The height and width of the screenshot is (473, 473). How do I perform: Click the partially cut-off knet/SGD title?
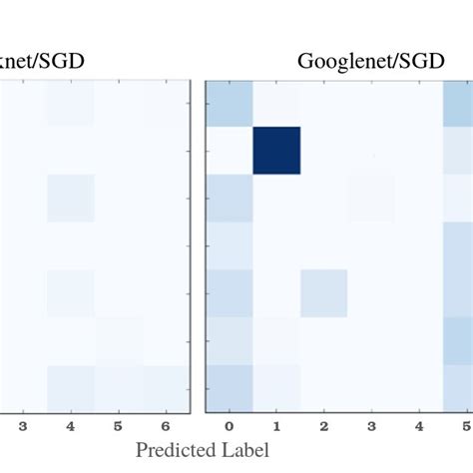pyautogui.click(x=42, y=61)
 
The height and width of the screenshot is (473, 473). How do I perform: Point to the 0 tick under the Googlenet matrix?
pyautogui.click(x=230, y=426)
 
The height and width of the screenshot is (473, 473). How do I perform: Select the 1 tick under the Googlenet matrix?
pyautogui.click(x=276, y=426)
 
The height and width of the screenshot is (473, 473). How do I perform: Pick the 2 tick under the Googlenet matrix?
pyautogui.click(x=324, y=426)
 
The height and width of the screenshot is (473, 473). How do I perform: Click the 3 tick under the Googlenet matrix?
pyautogui.click(x=372, y=426)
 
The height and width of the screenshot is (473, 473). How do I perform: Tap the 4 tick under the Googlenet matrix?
pyautogui.click(x=420, y=426)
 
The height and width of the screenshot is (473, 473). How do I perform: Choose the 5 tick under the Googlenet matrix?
pyautogui.click(x=465, y=426)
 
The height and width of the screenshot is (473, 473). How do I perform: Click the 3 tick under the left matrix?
pyautogui.click(x=22, y=426)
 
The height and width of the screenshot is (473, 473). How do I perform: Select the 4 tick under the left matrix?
pyautogui.click(x=70, y=426)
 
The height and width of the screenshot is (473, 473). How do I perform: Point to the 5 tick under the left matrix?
pyautogui.click(x=118, y=426)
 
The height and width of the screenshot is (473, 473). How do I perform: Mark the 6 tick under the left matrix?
pyautogui.click(x=166, y=426)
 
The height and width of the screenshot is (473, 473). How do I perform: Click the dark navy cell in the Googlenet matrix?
pyautogui.click(x=276, y=151)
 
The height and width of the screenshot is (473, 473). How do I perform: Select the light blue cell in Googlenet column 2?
pyautogui.click(x=324, y=292)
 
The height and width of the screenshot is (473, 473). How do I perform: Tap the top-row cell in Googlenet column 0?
pyautogui.click(x=230, y=104)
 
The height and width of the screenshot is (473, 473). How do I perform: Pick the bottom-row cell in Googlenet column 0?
pyautogui.click(x=230, y=388)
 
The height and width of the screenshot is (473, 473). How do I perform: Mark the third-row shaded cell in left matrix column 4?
pyautogui.click(x=70, y=198)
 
